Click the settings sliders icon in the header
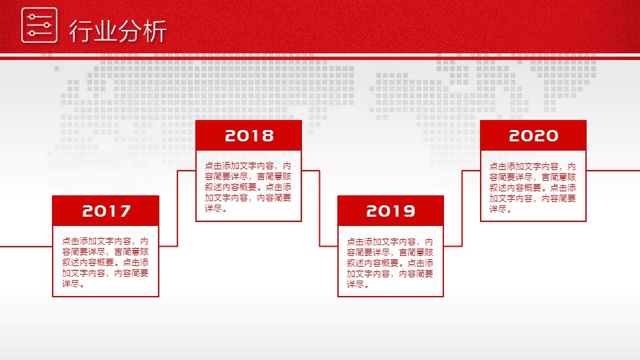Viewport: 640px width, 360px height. (x=39, y=25)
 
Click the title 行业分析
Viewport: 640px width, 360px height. (x=117, y=31)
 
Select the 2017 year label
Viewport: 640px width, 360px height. (x=106, y=211)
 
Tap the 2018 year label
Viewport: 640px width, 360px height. (x=249, y=135)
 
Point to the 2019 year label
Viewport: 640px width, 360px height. (x=391, y=211)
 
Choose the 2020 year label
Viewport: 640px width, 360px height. (x=533, y=135)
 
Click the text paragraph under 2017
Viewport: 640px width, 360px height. (x=105, y=263)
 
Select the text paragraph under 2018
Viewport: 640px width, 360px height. (x=248, y=187)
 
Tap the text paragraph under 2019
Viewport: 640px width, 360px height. (x=390, y=263)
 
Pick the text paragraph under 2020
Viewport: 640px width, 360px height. (x=533, y=187)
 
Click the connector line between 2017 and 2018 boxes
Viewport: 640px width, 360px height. (x=177, y=208)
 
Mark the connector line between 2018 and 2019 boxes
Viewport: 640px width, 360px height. (x=319, y=208)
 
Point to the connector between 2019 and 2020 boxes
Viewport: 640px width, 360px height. (x=462, y=208)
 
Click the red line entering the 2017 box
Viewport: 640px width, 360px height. (x=26, y=247)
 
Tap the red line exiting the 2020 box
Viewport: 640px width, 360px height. (x=613, y=171)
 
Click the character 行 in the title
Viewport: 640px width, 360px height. (x=81, y=31)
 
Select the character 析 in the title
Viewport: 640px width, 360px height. (x=155, y=31)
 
